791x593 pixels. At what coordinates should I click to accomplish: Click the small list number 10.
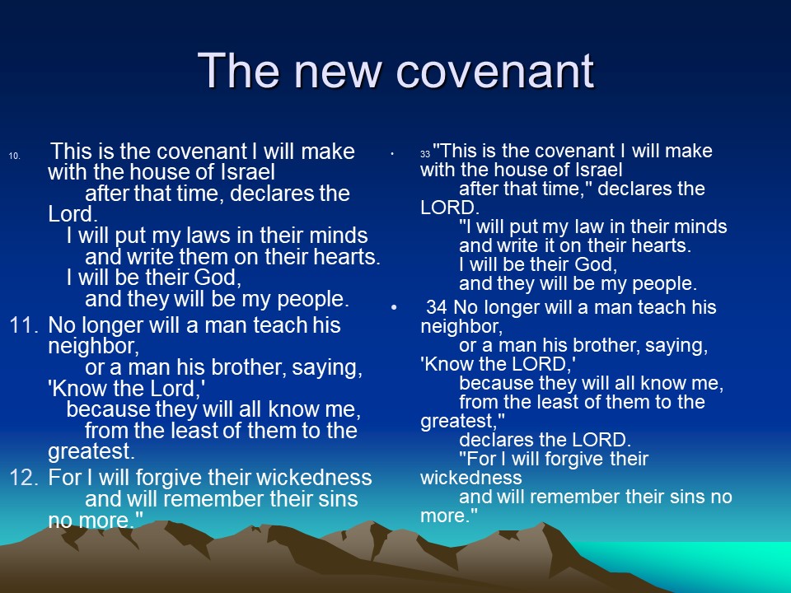15,156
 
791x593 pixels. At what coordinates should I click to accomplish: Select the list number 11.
24,325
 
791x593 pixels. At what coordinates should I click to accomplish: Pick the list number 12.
24,478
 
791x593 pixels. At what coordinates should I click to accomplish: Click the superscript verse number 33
425,154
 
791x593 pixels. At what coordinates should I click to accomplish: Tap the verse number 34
437,307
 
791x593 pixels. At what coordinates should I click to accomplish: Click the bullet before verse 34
394,307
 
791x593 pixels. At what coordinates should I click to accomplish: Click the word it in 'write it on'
549,245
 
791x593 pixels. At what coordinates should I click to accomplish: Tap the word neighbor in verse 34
461,326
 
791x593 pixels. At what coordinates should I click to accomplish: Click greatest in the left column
91,452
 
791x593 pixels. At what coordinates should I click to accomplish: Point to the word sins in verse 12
338,499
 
